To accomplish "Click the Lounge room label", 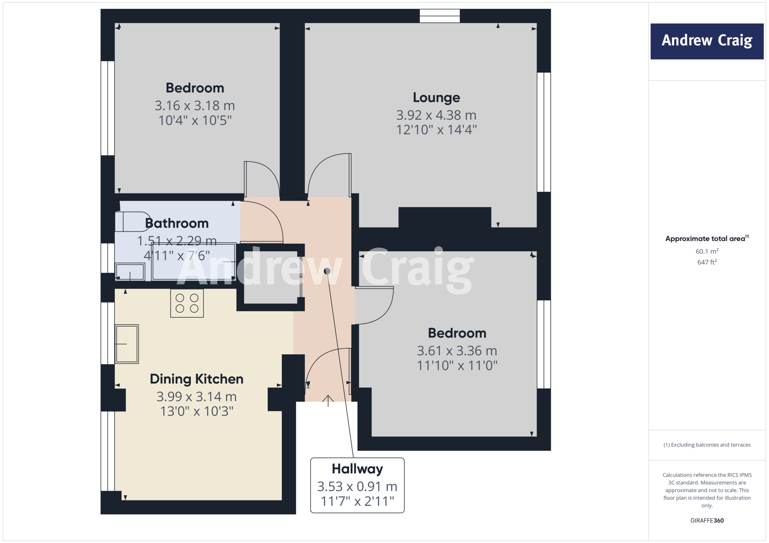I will coord(436,97).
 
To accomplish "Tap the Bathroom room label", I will coord(176,223).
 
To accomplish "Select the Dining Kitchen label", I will coord(196,379).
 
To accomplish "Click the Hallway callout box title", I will coord(357,469).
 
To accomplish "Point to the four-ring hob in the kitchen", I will coord(187,303).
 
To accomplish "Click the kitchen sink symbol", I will coord(127,344).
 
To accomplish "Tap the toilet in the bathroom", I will coord(131,222).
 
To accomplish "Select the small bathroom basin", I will coord(130,272).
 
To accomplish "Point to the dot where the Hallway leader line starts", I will coord(327,271).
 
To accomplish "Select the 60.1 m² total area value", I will coord(707,252).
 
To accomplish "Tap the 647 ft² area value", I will coord(707,262).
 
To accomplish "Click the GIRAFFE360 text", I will coord(707,520).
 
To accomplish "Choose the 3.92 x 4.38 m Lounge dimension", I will coord(436,115).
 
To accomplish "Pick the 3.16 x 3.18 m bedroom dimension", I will coord(195,106).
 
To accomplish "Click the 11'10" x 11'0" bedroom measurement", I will coord(457,366).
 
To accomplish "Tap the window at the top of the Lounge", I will coord(440,16).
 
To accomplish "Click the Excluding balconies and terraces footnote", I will coord(707,445).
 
